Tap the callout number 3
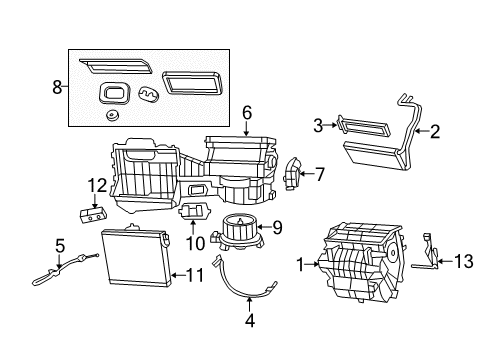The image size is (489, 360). point(318,125)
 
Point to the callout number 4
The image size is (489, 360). point(249,321)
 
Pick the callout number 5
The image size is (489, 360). point(59,246)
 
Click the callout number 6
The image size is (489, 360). point(246,115)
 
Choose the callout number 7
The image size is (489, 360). point(319,174)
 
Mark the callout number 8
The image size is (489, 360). point(57,87)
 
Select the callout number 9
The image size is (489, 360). point(278,227)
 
